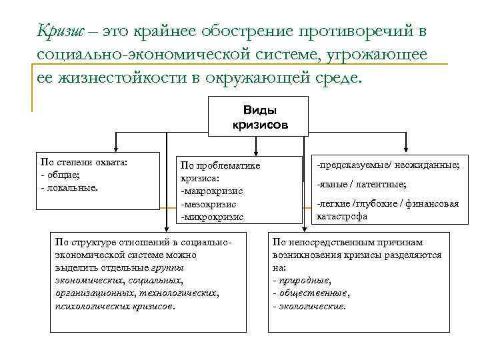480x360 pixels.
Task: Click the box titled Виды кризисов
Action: pyautogui.click(x=259, y=117)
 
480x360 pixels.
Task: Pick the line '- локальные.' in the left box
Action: pyautogui.click(x=69, y=187)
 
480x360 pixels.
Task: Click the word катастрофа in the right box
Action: pyautogui.click(x=341, y=216)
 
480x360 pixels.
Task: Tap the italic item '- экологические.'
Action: pyautogui.click(x=309, y=306)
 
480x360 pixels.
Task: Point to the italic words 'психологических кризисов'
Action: pyautogui.click(x=115, y=306)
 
